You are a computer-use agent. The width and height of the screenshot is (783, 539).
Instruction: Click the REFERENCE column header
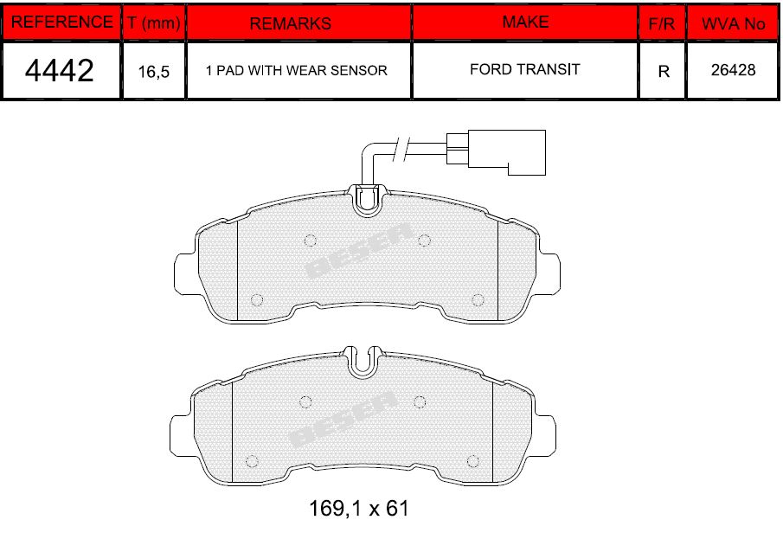pyautogui.click(x=61, y=22)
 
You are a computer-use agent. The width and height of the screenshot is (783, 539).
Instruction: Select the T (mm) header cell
pyautogui.click(x=154, y=22)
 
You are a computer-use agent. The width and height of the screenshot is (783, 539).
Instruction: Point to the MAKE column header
pyautogui.click(x=525, y=22)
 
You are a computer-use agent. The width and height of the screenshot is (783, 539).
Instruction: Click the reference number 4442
pyautogui.click(x=60, y=70)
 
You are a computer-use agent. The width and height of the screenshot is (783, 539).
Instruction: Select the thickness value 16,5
pyautogui.click(x=154, y=72)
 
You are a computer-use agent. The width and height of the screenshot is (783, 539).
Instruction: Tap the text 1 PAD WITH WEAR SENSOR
pyautogui.click(x=297, y=70)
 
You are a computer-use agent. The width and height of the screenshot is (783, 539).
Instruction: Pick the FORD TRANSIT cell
pyautogui.click(x=525, y=69)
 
